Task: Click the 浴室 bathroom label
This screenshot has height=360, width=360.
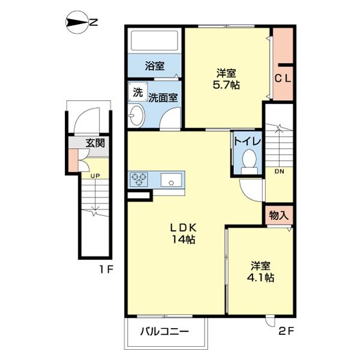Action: (x=155, y=67)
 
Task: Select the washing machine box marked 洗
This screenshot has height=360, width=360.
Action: (x=138, y=93)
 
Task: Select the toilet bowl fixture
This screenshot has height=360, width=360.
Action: (x=249, y=160)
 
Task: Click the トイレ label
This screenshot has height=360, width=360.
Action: (x=247, y=142)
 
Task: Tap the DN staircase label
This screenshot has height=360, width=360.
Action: (x=280, y=171)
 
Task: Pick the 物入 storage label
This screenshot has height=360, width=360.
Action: (x=278, y=214)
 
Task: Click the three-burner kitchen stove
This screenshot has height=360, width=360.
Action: (x=139, y=178)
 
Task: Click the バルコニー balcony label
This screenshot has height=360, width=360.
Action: (x=165, y=331)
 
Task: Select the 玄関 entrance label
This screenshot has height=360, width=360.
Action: (x=95, y=143)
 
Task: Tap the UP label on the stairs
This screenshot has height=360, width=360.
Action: (x=95, y=176)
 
